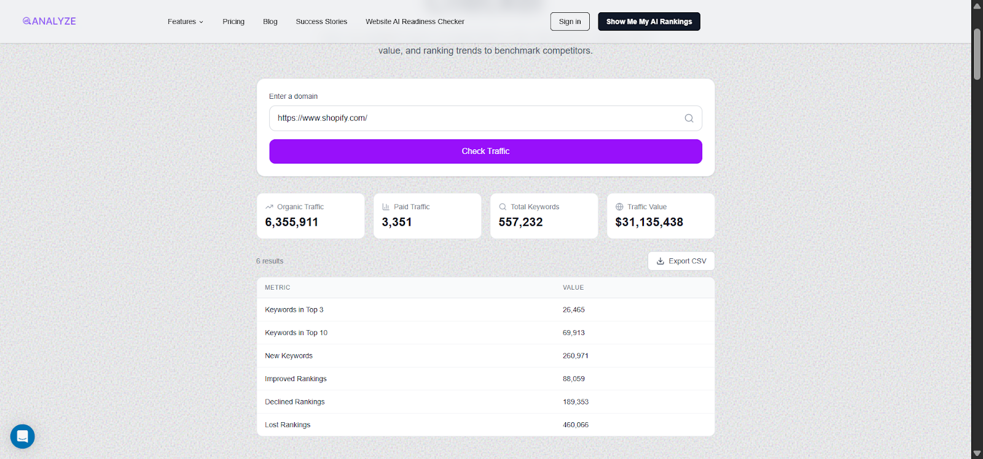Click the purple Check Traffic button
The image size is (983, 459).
[x=485, y=151]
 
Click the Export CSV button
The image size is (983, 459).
[x=681, y=261]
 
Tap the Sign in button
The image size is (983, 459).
[x=570, y=21]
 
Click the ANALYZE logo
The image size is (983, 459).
[x=50, y=21]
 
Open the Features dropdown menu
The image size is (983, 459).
[x=185, y=21]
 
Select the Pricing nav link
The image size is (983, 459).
[x=233, y=21]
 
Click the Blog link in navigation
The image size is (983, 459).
[x=270, y=21]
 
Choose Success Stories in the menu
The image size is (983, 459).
[x=321, y=21]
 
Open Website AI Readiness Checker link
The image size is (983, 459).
[x=415, y=21]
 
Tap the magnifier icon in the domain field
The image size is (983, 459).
[x=689, y=118]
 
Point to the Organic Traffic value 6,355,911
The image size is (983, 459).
[x=292, y=222]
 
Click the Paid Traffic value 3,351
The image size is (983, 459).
[x=397, y=222]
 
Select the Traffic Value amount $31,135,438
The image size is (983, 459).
[x=649, y=222]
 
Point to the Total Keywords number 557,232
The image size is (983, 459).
[x=520, y=222]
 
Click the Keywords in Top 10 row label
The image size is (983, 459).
[x=296, y=333]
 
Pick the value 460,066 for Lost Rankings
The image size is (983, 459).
[x=576, y=425]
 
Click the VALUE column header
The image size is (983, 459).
[x=573, y=287]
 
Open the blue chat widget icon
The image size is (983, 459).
[x=23, y=436]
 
